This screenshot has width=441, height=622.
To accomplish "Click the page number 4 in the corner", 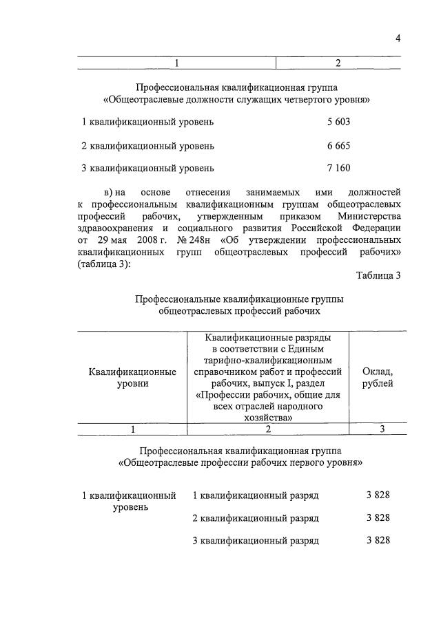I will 398,39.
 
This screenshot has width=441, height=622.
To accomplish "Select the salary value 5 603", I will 338,122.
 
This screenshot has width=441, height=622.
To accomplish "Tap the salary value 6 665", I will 338,146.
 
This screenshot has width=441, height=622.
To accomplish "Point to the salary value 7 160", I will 338,168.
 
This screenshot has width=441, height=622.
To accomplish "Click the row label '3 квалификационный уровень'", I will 147,168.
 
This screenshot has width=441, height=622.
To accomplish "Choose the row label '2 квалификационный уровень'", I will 147,146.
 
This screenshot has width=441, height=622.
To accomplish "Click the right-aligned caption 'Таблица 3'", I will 378,276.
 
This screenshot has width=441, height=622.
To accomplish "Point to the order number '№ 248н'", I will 195,241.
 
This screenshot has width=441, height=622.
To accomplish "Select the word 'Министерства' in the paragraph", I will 368,216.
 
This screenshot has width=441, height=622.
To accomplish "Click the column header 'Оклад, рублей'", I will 378,377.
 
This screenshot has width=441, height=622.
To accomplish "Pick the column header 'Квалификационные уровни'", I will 132,377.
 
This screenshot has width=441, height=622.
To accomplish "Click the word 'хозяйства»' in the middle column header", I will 269,417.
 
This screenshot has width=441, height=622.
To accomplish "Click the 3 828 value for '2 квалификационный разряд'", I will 378,518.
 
